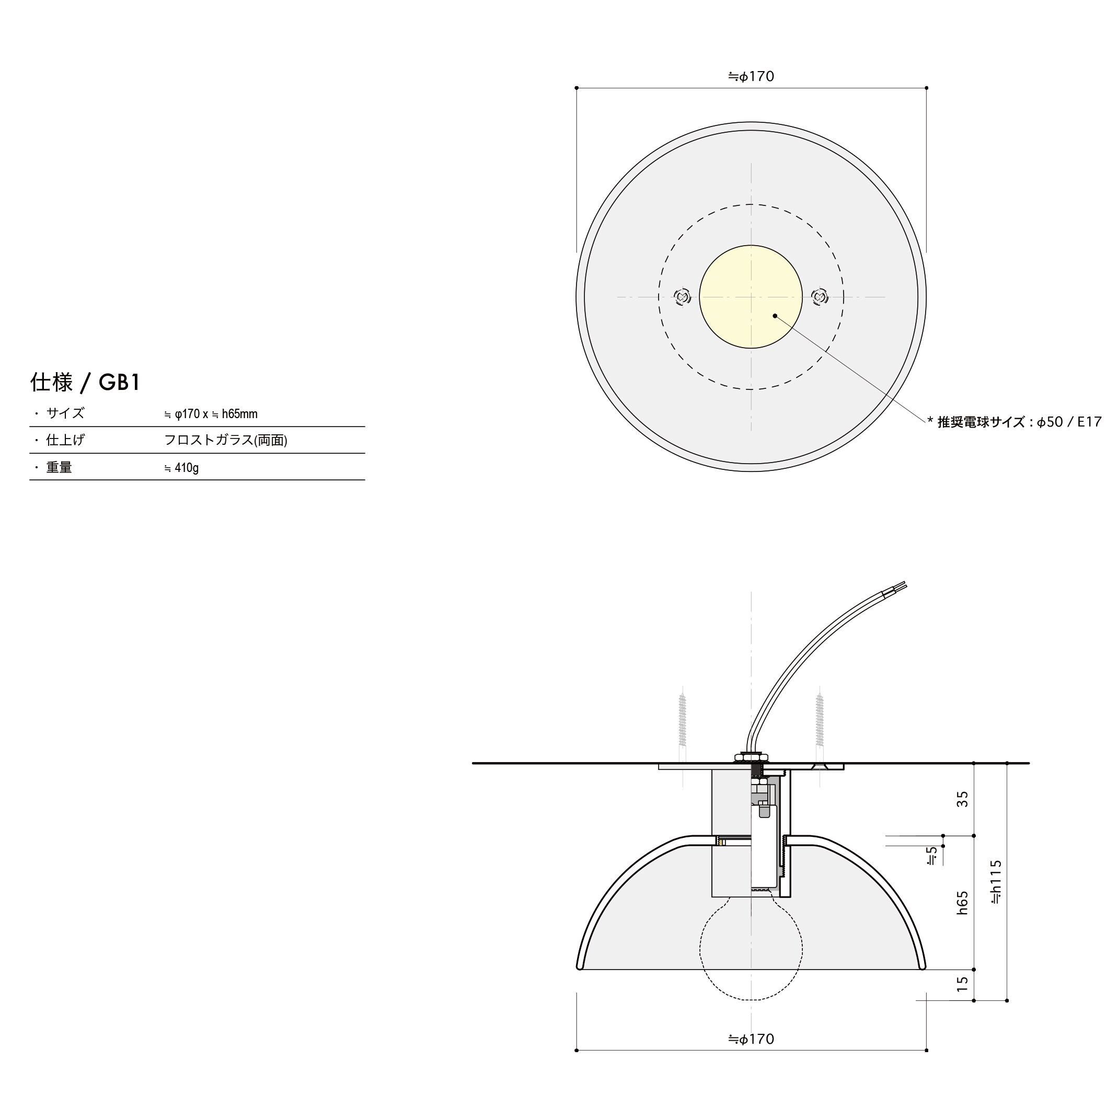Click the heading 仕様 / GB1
click(85, 383)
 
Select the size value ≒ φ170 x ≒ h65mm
click(211, 414)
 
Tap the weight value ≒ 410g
click(181, 468)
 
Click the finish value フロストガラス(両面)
click(226, 441)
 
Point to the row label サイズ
click(65, 413)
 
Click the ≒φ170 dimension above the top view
click(751, 76)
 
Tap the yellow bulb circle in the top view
click(751, 297)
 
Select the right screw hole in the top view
click(820, 297)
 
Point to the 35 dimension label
click(962, 799)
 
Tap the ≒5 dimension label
click(931, 856)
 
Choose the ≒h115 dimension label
click(996, 881)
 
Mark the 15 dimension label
click(962, 984)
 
